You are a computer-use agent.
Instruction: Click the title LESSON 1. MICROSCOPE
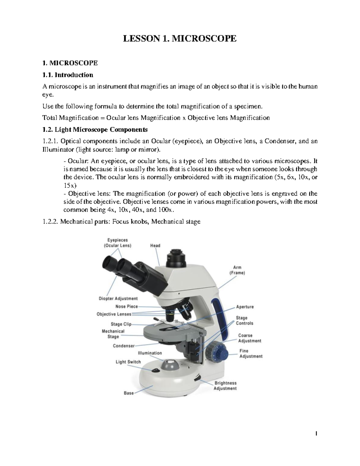[180, 38]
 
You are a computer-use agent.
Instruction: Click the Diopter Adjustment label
[118, 299]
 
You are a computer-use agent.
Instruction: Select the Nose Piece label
[127, 306]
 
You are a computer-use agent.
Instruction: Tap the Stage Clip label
[121, 324]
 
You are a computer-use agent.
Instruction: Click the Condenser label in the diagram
[124, 346]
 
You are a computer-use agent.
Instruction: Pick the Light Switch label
[128, 362]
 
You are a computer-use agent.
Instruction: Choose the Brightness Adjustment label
[225, 386]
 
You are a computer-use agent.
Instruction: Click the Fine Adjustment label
[251, 353]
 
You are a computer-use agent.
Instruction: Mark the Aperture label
[245, 307]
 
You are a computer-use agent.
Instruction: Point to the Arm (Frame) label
[237, 270]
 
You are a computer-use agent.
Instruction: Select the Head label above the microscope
[155, 245]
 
